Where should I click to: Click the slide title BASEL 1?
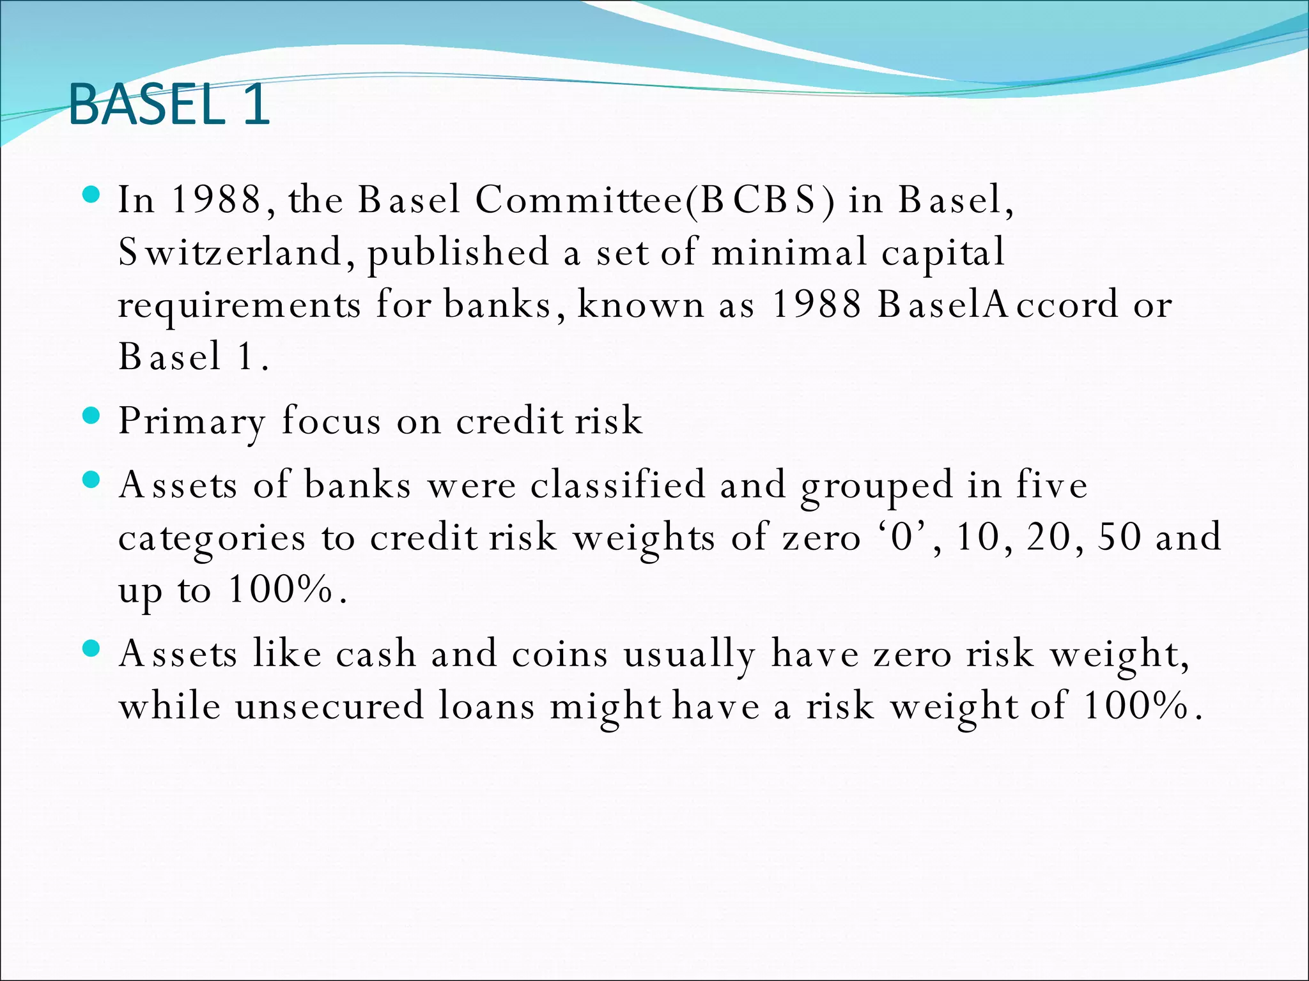pos(169,105)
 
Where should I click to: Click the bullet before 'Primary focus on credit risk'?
pos(92,416)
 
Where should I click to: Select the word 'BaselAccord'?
pos(998,305)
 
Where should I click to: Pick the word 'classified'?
pos(618,485)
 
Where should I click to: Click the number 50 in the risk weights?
pos(1119,537)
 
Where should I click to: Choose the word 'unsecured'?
pos(329,706)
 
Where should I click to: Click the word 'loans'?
pos(486,706)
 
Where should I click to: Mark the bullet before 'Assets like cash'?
pos(92,649)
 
